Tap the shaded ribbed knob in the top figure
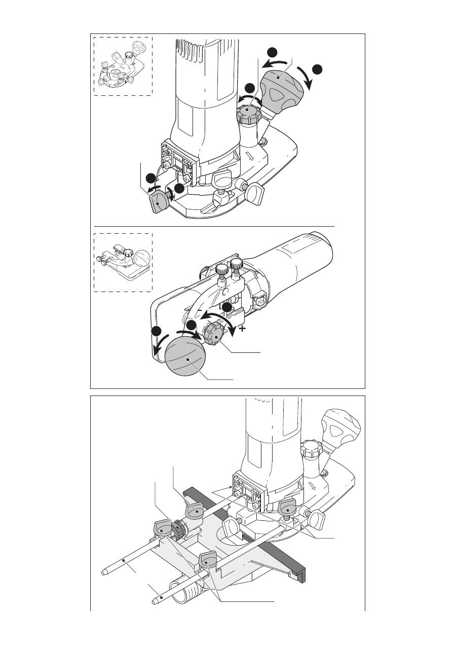249,115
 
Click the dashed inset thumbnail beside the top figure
123,66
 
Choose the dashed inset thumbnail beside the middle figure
123,262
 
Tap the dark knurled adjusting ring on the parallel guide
178,529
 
